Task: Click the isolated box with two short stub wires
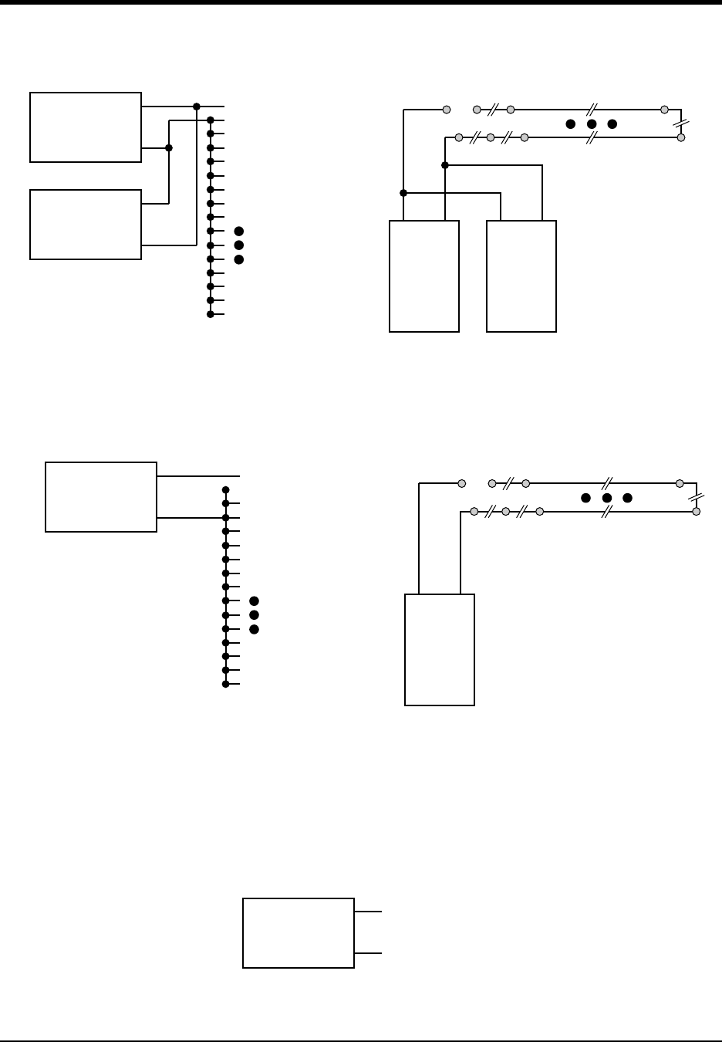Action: coord(299,932)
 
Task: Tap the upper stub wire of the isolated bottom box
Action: coord(368,912)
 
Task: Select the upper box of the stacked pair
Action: coord(86,127)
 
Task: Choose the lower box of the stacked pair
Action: coord(86,225)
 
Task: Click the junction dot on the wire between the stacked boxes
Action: coord(169,147)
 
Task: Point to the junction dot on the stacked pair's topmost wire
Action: coord(197,106)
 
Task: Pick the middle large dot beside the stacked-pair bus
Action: coord(239,245)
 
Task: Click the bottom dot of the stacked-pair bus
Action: coord(211,314)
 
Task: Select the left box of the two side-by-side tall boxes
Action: coord(424,276)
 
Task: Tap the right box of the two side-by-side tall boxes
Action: coord(521,276)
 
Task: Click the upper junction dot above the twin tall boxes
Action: coord(445,165)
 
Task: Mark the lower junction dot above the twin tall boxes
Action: coord(403,192)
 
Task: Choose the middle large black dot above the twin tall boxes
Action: coord(592,123)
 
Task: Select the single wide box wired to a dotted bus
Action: coord(101,497)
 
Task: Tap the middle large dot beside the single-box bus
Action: coord(255,614)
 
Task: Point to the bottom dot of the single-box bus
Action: coord(225,684)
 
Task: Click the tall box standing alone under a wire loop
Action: coord(440,649)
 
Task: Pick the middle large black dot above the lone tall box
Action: coord(607,498)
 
